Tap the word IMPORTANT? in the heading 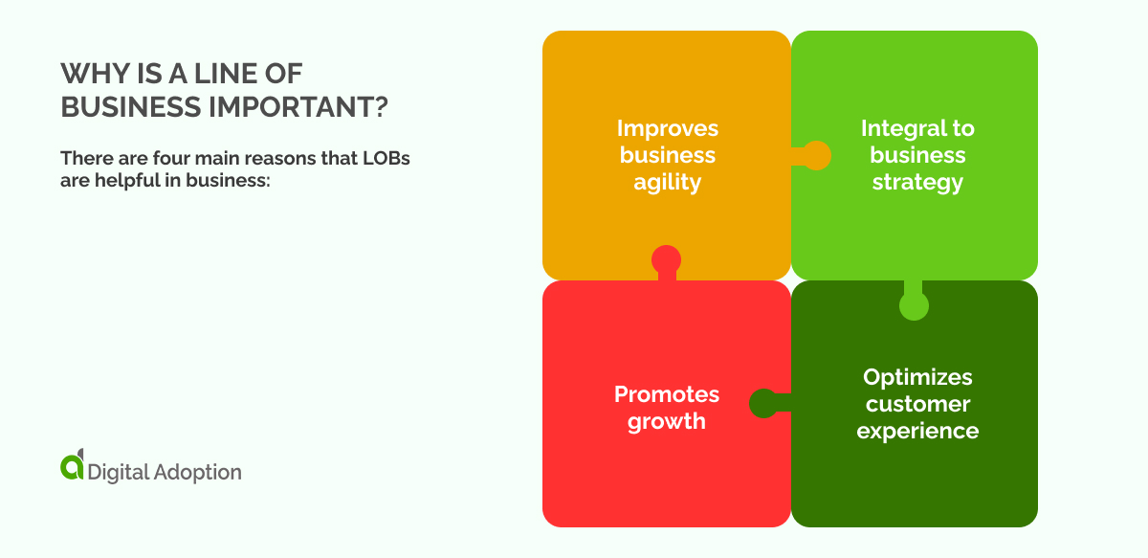pos(298,107)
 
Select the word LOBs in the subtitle pos(386,158)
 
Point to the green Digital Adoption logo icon pos(73,464)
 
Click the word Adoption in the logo pos(197,473)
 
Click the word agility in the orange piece pos(668,183)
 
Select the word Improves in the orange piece pos(668,128)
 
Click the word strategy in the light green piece pos(917,183)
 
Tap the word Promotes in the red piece pos(667,394)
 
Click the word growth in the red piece pos(667,421)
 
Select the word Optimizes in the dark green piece pos(917,377)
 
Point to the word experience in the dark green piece pos(917,431)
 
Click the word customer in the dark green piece pos(917,404)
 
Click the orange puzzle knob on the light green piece pos(812,155)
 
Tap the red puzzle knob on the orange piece pos(666,261)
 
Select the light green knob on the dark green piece pos(914,302)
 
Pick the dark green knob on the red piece pos(766,403)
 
